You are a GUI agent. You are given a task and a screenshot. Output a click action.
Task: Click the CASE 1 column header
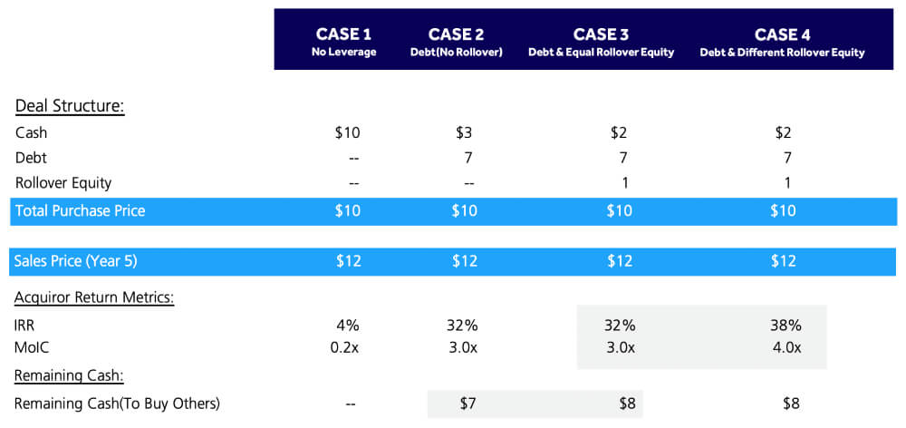343,34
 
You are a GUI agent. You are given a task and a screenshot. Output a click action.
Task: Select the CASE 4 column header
782,34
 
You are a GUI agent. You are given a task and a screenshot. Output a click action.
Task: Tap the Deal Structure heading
69,106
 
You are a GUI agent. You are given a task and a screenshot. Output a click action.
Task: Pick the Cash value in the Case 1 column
347,132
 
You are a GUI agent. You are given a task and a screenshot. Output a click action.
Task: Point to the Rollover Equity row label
63,182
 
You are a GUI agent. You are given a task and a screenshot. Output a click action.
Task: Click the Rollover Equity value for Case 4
786,182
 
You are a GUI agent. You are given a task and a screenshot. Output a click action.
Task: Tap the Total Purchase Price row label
80,211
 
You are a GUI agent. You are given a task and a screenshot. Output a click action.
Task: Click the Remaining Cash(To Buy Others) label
118,404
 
